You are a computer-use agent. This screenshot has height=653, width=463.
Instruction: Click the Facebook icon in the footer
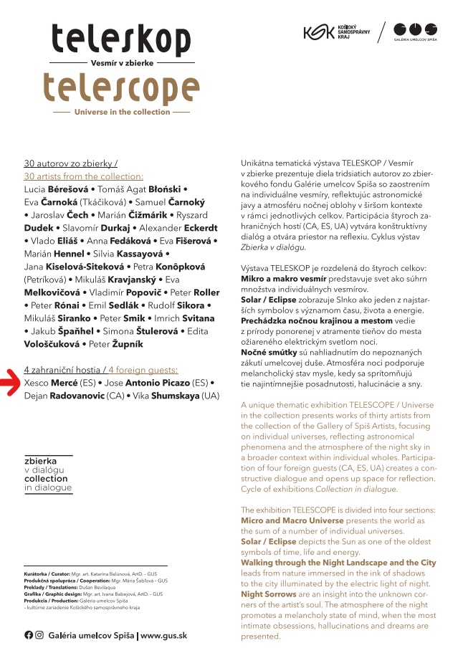pos(29,634)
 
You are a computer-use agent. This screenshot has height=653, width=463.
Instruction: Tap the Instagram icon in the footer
pos(39,634)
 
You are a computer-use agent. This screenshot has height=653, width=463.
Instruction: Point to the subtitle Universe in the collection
pos(123,112)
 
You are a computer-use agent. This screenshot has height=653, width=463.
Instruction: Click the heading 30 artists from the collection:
pos(83,176)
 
